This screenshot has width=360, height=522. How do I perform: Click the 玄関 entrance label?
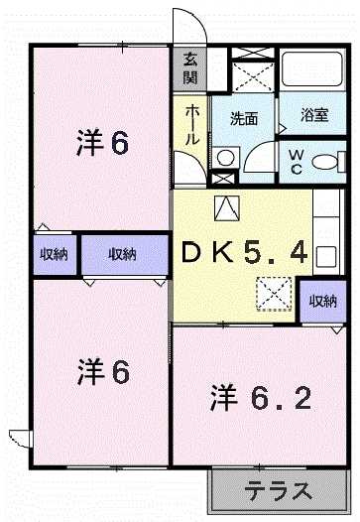pyautogui.click(x=189, y=68)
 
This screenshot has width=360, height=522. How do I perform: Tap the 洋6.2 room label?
pyautogui.click(x=261, y=400)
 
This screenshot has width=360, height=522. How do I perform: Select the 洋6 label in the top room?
pyautogui.click(x=101, y=144)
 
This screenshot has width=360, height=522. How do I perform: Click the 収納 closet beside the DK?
pyautogui.click(x=323, y=301)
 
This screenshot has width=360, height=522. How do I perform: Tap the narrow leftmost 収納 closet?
pyautogui.click(x=54, y=255)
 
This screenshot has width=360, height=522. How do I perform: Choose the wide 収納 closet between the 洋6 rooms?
pyautogui.click(x=123, y=255)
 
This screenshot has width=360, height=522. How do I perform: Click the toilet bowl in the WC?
pyautogui.click(x=327, y=160)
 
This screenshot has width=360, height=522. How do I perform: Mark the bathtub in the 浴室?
pyautogui.click(x=311, y=71)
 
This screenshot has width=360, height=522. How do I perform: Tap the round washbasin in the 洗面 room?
pyautogui.click(x=226, y=157)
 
